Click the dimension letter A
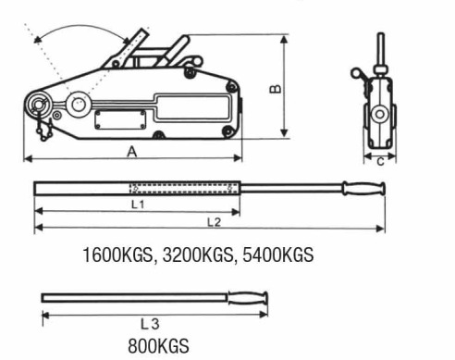pyautogui.click(x=132, y=152)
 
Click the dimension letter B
pyautogui.click(x=276, y=89)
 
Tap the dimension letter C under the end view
pyautogui.click(x=381, y=161)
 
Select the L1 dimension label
pyautogui.click(x=138, y=205)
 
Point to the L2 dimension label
pyautogui.click(x=214, y=222)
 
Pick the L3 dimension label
pyautogui.click(x=150, y=324)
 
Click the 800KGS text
pyautogui.click(x=158, y=346)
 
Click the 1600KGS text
pyautogui.click(x=117, y=255)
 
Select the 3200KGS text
pyautogui.click(x=197, y=255)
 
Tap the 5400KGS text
pyautogui.click(x=278, y=255)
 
